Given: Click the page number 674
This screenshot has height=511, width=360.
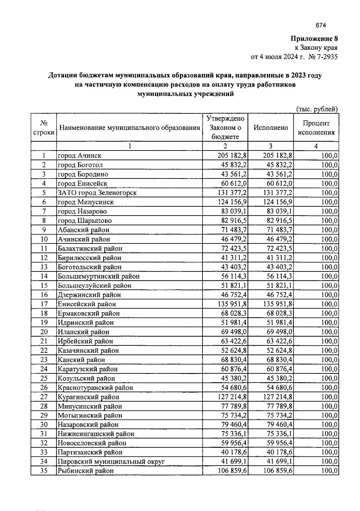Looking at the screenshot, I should (321, 25).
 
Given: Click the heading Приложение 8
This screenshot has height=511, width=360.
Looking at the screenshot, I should (314, 39).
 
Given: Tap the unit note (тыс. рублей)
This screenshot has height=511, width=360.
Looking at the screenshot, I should (317, 109).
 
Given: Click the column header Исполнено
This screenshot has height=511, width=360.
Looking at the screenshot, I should (271, 127).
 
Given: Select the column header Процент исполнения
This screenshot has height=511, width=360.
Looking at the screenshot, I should (316, 128).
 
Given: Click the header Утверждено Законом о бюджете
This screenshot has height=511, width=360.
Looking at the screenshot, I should (225, 127).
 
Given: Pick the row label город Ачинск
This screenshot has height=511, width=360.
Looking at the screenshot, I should (79, 156).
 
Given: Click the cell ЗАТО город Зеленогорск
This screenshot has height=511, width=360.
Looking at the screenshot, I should (97, 193).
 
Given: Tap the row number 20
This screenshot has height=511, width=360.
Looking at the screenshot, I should (44, 332).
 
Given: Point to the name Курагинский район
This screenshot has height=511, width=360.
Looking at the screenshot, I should (88, 397).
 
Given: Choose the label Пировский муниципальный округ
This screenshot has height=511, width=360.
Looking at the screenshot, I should (111, 462).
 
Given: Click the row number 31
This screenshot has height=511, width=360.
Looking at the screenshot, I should (44, 434).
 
